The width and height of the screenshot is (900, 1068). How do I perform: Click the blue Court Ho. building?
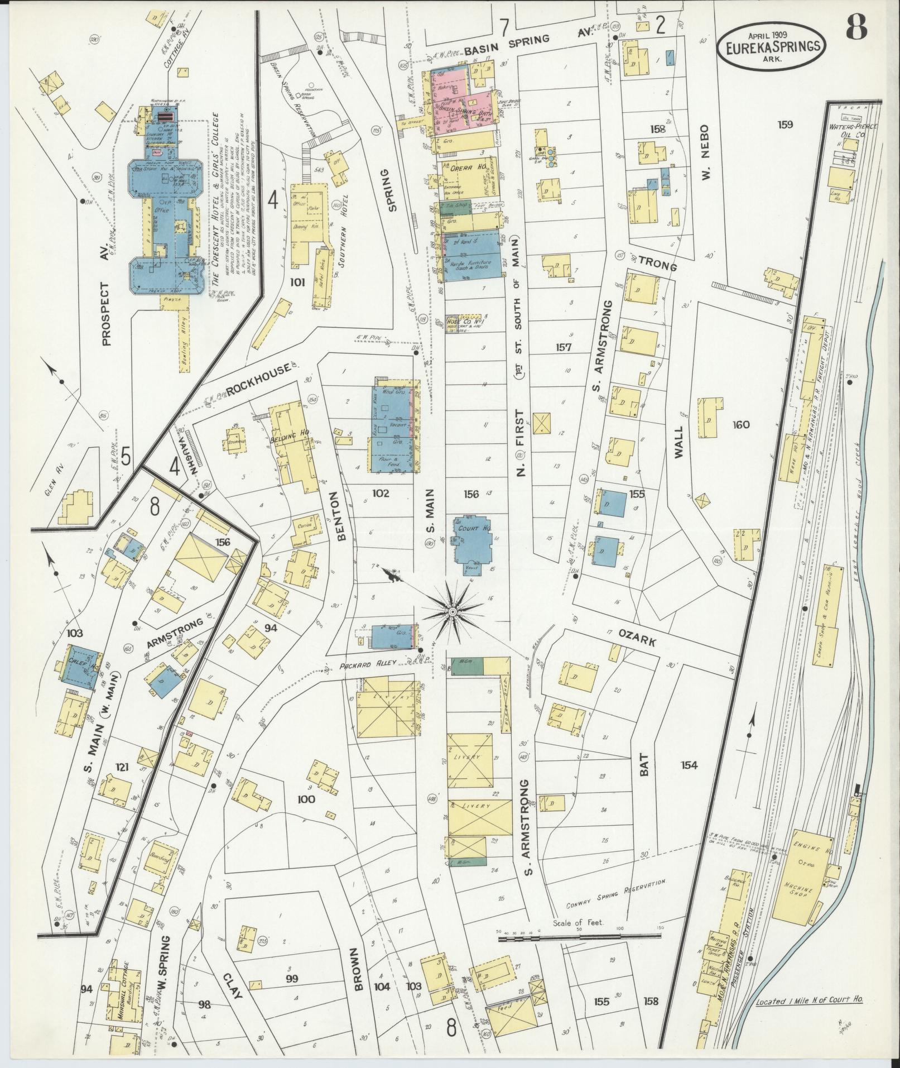[x=473, y=539]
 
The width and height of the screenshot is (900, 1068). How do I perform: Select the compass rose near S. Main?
[x=453, y=612]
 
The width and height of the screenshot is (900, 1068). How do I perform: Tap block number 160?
[x=741, y=425]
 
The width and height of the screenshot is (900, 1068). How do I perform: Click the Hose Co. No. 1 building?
[x=459, y=324]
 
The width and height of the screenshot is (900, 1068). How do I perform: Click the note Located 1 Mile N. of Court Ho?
[x=809, y=1001]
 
